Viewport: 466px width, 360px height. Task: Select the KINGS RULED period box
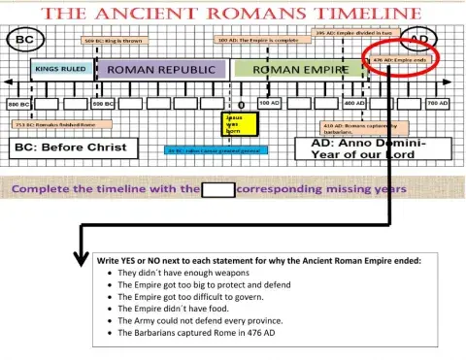[x=60, y=71]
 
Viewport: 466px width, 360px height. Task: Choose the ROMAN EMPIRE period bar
[x=292, y=71]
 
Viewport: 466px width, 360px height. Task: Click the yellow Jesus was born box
[x=239, y=125]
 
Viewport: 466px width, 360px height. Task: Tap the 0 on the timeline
[x=241, y=103]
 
